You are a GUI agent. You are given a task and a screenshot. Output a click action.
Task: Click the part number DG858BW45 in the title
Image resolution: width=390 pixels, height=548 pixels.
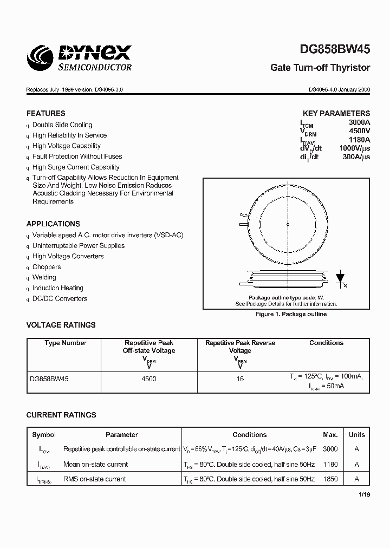[335, 49]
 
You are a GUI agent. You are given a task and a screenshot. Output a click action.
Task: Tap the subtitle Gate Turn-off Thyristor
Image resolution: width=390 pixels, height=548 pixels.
[320, 68]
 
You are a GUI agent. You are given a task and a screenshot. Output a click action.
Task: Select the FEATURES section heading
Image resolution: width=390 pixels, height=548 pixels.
[45, 113]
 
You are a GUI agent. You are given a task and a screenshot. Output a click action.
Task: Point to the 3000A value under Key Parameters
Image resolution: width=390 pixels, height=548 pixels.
[359, 123]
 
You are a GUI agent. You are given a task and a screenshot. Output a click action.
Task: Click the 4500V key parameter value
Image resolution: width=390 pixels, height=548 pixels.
[359, 131]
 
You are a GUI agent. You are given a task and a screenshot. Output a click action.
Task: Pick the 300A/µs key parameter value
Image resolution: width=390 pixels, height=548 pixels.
[357, 156]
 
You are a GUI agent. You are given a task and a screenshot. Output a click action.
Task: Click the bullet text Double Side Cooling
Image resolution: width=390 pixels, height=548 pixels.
[62, 125]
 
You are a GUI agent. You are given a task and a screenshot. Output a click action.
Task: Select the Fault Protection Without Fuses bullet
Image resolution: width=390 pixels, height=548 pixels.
[77, 156]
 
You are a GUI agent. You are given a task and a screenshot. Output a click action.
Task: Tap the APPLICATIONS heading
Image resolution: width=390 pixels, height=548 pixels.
[53, 224]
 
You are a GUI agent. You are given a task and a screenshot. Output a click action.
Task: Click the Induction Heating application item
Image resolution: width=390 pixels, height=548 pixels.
[58, 288]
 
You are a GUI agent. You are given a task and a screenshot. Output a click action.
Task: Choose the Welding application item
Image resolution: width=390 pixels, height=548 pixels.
[44, 277]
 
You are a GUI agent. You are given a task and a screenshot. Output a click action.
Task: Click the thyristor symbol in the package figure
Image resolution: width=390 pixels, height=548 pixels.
[340, 278]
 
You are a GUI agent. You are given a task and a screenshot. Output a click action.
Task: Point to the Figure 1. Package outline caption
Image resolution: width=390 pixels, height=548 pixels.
[291, 314]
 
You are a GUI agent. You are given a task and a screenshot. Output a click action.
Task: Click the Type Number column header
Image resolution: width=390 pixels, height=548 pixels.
[65, 343]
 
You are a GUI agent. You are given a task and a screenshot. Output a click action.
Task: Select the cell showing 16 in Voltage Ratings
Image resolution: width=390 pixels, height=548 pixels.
[240, 379]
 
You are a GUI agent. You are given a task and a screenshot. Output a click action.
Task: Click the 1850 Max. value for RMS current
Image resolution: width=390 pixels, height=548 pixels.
[330, 479]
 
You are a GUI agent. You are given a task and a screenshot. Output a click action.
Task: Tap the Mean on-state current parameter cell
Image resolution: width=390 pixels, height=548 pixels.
[95, 464]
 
